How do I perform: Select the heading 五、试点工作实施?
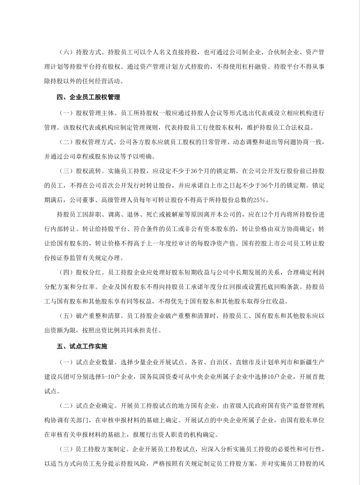82,346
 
